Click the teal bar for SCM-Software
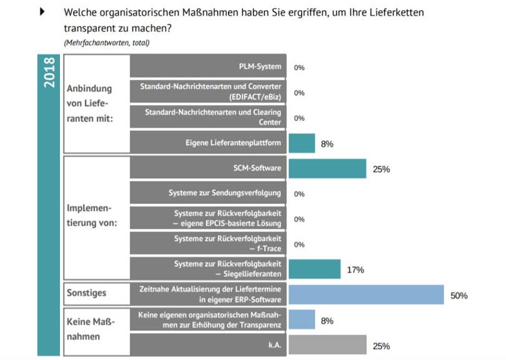click(x=327, y=169)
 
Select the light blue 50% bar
click(x=365, y=295)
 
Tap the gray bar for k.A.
click(x=327, y=345)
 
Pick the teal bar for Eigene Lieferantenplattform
click(x=301, y=143)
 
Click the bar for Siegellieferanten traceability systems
click(x=314, y=269)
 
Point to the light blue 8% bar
click(x=301, y=320)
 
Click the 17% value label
click(x=355, y=270)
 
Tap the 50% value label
click(x=459, y=296)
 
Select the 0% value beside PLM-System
click(x=299, y=67)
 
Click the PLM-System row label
click(x=260, y=67)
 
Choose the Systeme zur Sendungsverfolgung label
click(x=224, y=193)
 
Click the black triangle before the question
click(x=42, y=12)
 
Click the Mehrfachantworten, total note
click(x=106, y=42)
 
